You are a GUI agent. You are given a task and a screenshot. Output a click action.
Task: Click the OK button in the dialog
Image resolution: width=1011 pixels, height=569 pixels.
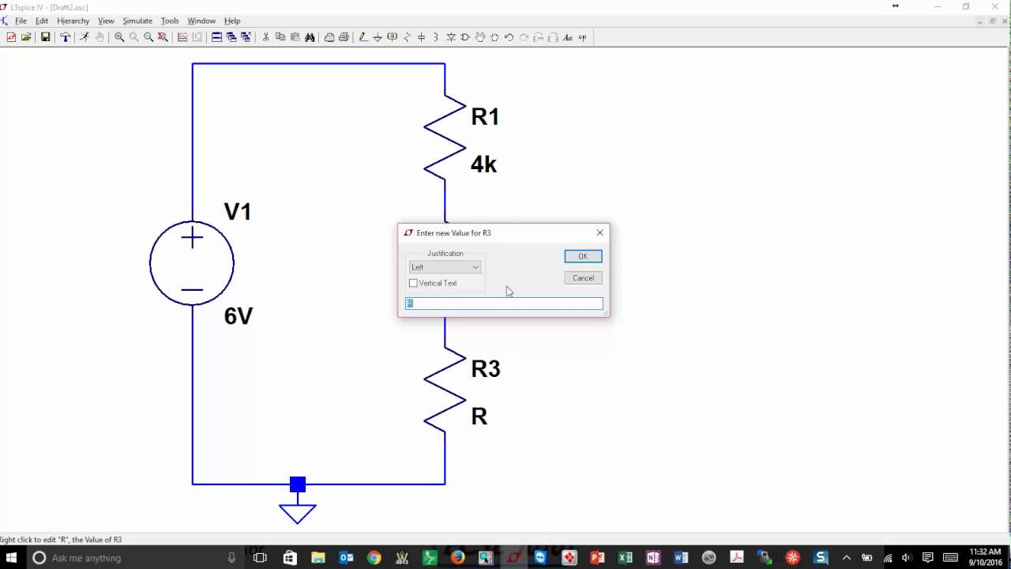(x=583, y=256)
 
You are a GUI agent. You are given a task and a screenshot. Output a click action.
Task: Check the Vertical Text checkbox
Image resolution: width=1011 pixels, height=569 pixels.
(x=413, y=283)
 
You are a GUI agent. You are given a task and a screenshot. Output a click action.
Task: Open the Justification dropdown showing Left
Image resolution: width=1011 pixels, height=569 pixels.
(x=445, y=267)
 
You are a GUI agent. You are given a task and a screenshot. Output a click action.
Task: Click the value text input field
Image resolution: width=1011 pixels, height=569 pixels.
(x=504, y=303)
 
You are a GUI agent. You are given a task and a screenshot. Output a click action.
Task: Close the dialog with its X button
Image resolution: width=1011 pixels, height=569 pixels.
(x=599, y=232)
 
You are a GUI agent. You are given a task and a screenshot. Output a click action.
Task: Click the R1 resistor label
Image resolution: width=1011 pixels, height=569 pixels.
(x=485, y=117)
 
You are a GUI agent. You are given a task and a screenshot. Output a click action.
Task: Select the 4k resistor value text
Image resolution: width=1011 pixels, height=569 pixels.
(x=483, y=164)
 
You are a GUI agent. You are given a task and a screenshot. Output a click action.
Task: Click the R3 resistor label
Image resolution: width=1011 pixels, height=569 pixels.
(x=485, y=368)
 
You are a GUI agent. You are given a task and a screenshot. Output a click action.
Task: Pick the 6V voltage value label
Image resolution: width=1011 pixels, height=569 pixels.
(x=238, y=316)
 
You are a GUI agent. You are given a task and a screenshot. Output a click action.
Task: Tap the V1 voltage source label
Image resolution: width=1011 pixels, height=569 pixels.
(x=237, y=212)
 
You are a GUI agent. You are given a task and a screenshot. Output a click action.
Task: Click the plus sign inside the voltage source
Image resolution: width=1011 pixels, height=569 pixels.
(x=192, y=238)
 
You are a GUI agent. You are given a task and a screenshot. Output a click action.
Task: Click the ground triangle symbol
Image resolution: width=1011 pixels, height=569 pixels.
(x=298, y=514)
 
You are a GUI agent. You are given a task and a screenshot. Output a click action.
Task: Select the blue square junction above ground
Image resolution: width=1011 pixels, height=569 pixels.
(x=298, y=484)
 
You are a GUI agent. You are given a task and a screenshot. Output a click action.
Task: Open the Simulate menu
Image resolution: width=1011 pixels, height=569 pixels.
(x=137, y=21)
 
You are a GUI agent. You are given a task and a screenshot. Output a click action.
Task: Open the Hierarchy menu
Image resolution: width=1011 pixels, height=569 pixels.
(x=73, y=21)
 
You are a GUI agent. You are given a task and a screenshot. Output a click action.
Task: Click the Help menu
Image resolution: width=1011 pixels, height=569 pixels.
(x=232, y=21)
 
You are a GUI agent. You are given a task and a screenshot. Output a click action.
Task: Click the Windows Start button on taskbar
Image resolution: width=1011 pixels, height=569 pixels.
(x=11, y=558)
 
